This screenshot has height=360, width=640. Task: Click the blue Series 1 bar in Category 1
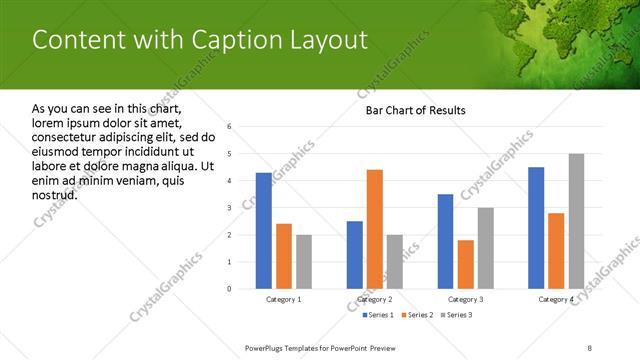point(263,231)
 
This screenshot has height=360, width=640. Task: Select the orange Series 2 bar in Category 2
point(375,229)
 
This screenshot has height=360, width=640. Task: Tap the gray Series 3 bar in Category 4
point(576,221)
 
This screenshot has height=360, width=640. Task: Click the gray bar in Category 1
point(303,262)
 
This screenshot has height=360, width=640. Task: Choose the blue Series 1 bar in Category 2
point(355,255)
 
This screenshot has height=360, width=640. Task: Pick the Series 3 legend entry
point(458,316)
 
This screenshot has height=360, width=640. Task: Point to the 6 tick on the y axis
point(229,127)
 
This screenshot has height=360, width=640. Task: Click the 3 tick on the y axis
point(229,208)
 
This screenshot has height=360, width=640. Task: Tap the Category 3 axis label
point(465,300)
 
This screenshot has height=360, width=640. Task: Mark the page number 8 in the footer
point(589,347)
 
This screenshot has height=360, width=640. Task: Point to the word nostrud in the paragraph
point(54,194)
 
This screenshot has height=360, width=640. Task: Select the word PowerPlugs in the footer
point(265,347)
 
